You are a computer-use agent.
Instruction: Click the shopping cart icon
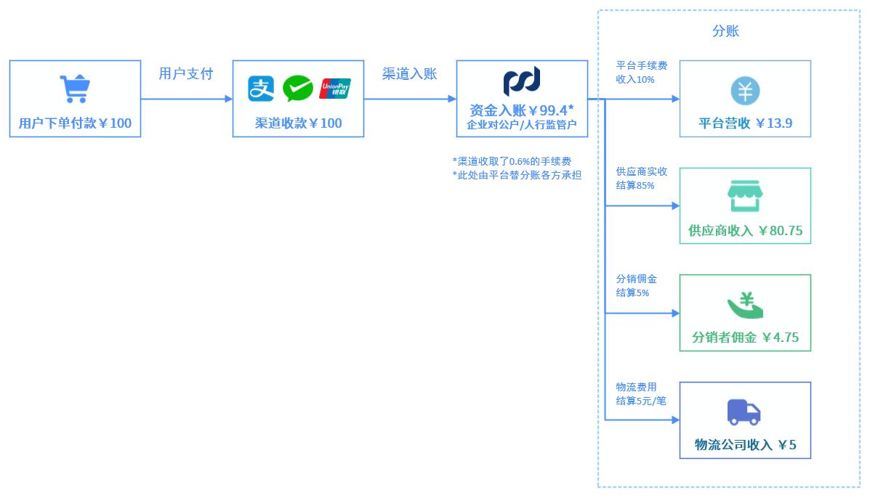click(x=74, y=89)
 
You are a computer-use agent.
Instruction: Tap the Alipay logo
click(x=261, y=89)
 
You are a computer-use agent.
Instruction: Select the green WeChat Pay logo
click(x=298, y=89)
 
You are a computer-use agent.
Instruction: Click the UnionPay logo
click(x=335, y=89)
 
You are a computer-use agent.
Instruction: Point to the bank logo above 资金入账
click(x=522, y=81)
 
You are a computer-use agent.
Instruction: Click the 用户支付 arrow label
click(x=186, y=74)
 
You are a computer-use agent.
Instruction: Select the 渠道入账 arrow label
click(x=410, y=74)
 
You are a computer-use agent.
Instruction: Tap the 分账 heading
click(x=725, y=31)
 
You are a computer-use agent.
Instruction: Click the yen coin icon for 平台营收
click(x=745, y=91)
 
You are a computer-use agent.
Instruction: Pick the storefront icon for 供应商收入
click(x=745, y=196)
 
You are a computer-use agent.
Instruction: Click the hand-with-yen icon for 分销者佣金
click(x=745, y=305)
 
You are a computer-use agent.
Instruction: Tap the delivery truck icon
click(x=744, y=412)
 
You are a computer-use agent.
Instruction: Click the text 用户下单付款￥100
click(x=75, y=123)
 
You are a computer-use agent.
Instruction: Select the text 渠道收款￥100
click(x=298, y=123)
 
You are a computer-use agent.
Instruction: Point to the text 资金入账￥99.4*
click(x=522, y=110)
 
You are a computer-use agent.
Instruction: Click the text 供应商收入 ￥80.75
click(x=745, y=231)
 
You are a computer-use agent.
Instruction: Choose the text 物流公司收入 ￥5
click(x=745, y=445)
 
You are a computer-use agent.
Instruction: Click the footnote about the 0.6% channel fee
click(x=512, y=160)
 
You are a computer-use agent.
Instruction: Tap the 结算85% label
click(x=635, y=185)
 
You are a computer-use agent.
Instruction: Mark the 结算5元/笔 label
click(x=641, y=400)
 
